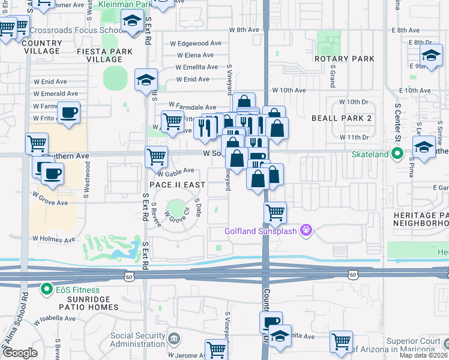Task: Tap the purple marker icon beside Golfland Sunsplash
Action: [x=306, y=230]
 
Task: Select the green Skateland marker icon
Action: [x=397, y=154]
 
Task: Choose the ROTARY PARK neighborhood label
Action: [x=345, y=59]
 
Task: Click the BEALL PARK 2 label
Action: [x=342, y=118]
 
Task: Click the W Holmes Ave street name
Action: [x=54, y=239]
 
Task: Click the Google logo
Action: [x=20, y=353]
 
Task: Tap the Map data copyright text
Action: [x=424, y=355]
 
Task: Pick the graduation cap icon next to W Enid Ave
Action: [x=146, y=80]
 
